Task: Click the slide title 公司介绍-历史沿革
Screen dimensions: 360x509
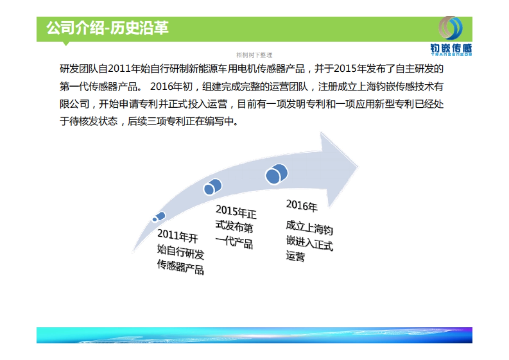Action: (107, 28)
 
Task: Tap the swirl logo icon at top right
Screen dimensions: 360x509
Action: (450, 29)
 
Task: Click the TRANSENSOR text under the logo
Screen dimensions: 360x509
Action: (451, 54)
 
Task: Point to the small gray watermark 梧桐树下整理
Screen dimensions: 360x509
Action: (254, 55)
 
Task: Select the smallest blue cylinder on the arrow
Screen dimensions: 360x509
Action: (159, 217)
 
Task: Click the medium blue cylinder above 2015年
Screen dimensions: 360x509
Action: (213, 187)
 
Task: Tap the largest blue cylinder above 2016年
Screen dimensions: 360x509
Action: (277, 174)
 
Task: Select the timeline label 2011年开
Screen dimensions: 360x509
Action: (177, 236)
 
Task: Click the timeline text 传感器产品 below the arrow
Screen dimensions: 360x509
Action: (180, 267)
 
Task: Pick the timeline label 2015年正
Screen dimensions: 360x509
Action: (236, 212)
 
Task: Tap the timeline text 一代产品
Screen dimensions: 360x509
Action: (234, 243)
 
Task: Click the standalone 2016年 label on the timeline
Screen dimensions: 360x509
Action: (302, 206)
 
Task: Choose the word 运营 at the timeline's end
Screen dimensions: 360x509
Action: (295, 256)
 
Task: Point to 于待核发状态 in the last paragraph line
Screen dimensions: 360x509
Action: (88, 122)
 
